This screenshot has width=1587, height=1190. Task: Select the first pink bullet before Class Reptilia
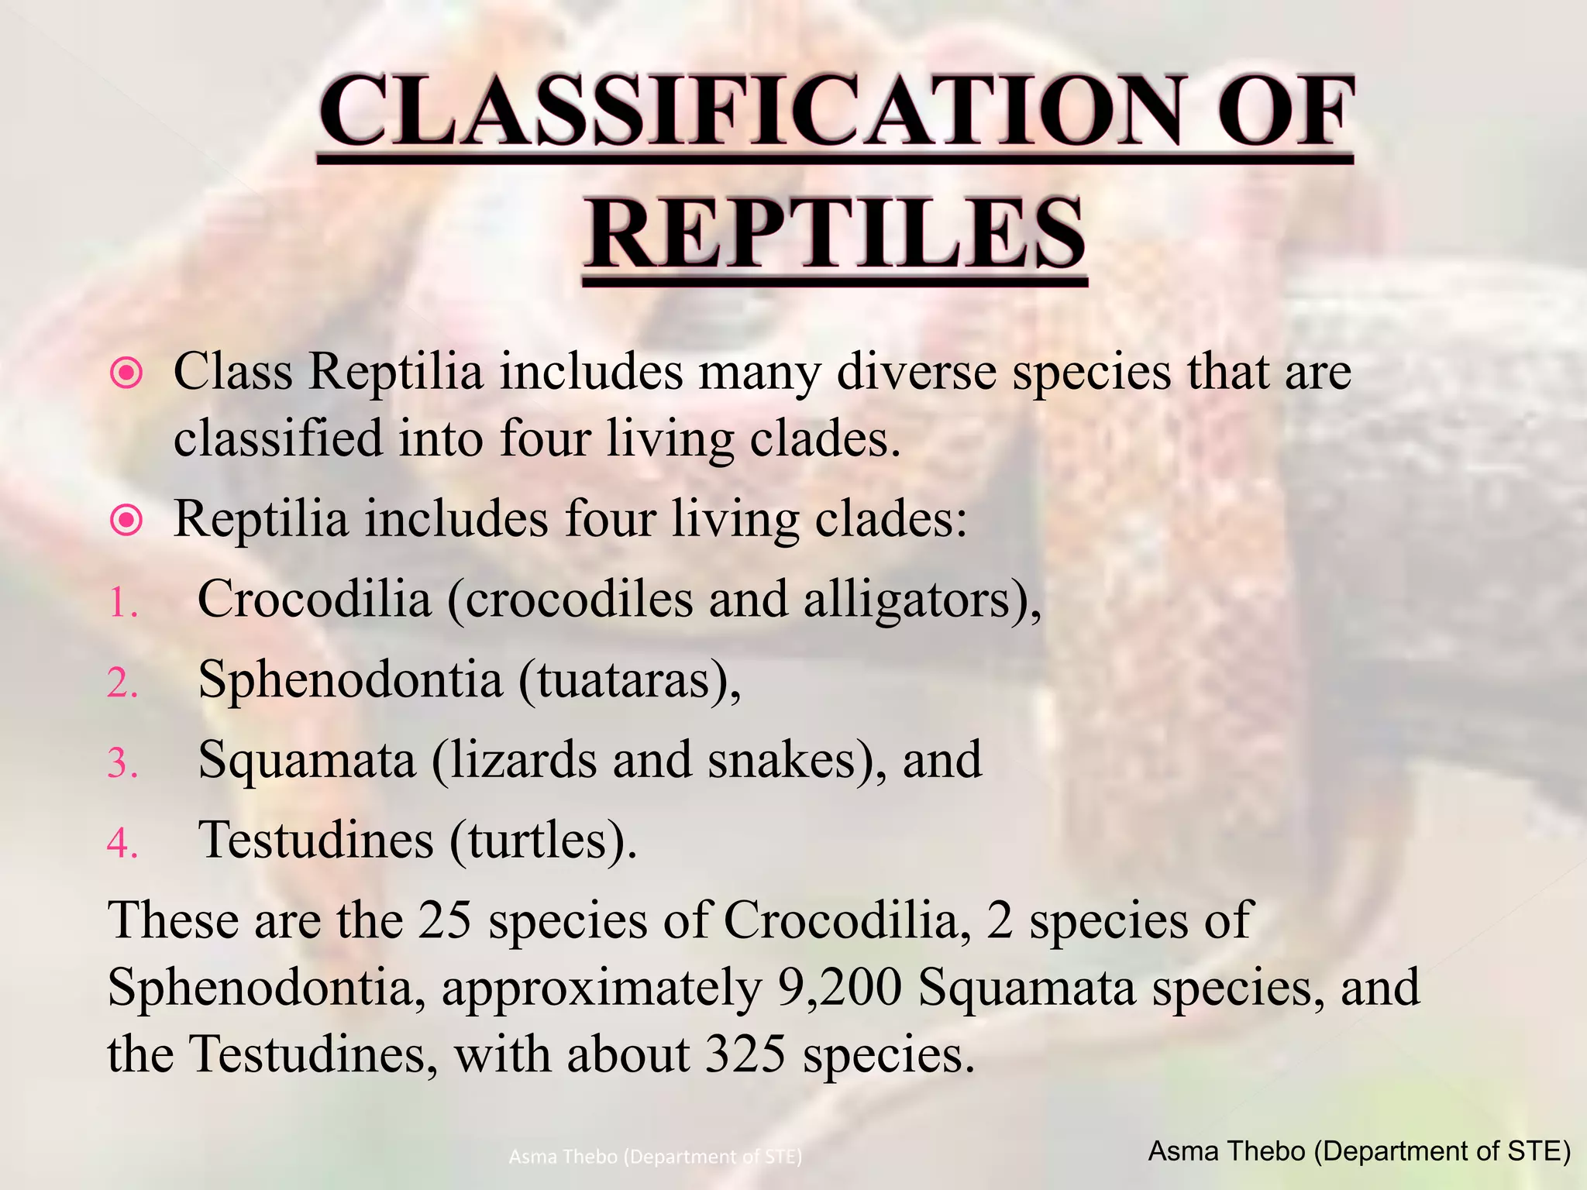126,374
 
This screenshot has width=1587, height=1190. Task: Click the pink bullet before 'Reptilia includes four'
126,520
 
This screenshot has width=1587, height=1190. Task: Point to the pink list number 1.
122,604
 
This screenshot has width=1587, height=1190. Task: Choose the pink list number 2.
122,683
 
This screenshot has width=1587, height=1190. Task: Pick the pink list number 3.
122,763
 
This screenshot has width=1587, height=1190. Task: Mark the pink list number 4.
122,843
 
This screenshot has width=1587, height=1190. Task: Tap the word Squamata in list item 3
307,761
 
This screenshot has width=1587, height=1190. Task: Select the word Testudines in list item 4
315,841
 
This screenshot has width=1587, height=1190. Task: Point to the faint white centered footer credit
656,1157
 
